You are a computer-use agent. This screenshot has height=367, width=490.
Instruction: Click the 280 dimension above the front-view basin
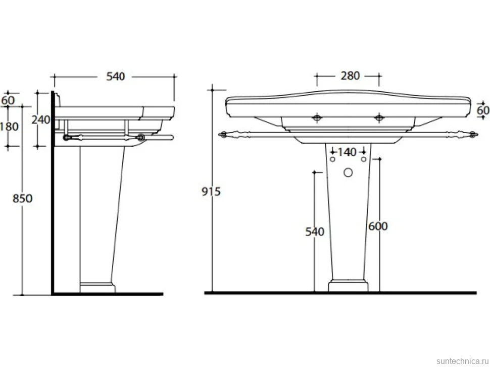[x=350, y=76]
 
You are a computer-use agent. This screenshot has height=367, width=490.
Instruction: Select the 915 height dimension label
[x=211, y=192]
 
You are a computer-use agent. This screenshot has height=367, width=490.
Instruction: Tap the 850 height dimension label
[x=23, y=198]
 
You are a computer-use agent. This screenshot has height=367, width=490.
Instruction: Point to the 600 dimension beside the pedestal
[x=378, y=226]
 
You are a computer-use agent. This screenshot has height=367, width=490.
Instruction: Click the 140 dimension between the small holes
[x=347, y=152]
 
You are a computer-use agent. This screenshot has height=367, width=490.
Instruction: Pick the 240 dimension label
[x=40, y=119]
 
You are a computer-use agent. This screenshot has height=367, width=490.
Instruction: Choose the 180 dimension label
[x=9, y=127]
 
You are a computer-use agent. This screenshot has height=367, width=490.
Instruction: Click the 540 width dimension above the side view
[x=115, y=77]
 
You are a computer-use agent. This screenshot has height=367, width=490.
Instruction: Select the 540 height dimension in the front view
[x=315, y=232]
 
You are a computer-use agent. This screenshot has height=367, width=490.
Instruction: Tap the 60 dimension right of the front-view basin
[x=483, y=110]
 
